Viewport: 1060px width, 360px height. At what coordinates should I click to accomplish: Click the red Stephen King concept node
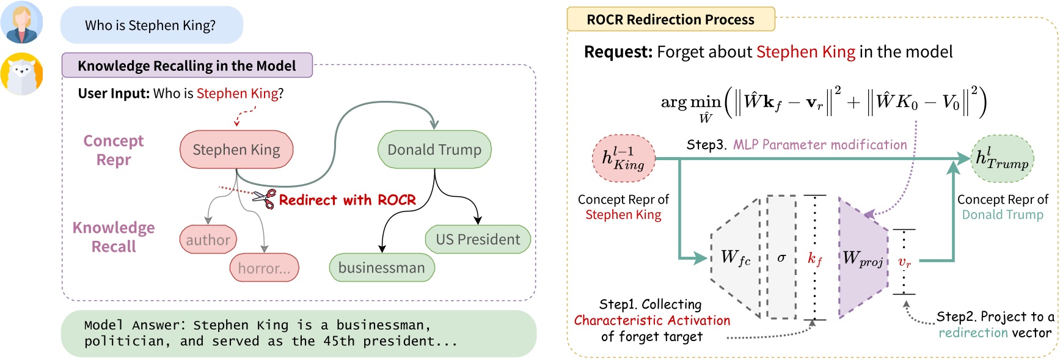236,150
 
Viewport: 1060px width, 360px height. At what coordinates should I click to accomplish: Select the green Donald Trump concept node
434,150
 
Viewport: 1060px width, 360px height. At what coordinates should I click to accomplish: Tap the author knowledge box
208,240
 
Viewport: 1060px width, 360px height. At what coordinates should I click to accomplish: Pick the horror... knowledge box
264,268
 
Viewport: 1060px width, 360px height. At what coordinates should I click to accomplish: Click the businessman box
382,268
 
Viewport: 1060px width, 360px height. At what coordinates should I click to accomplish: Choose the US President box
478,240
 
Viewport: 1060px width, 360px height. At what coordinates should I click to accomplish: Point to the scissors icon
264,198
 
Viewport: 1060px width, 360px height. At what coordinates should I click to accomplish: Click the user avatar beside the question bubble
22,23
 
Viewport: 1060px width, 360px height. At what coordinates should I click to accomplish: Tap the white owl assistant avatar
22,74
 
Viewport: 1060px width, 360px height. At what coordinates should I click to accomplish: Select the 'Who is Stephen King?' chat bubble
151,25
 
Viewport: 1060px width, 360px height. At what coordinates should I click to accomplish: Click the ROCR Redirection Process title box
670,20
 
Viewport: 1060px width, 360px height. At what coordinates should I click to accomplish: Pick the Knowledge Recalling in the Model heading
187,65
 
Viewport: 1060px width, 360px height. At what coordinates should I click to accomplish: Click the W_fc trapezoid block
736,258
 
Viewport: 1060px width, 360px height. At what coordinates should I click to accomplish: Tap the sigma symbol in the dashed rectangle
781,258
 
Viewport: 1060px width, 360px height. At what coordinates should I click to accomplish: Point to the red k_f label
815,259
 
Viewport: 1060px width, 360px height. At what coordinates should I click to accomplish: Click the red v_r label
904,262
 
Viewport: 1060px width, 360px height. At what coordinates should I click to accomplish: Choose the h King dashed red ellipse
624,158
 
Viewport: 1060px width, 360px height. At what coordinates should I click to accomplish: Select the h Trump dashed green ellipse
1002,158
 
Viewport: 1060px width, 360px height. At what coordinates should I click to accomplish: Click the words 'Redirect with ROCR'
347,200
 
